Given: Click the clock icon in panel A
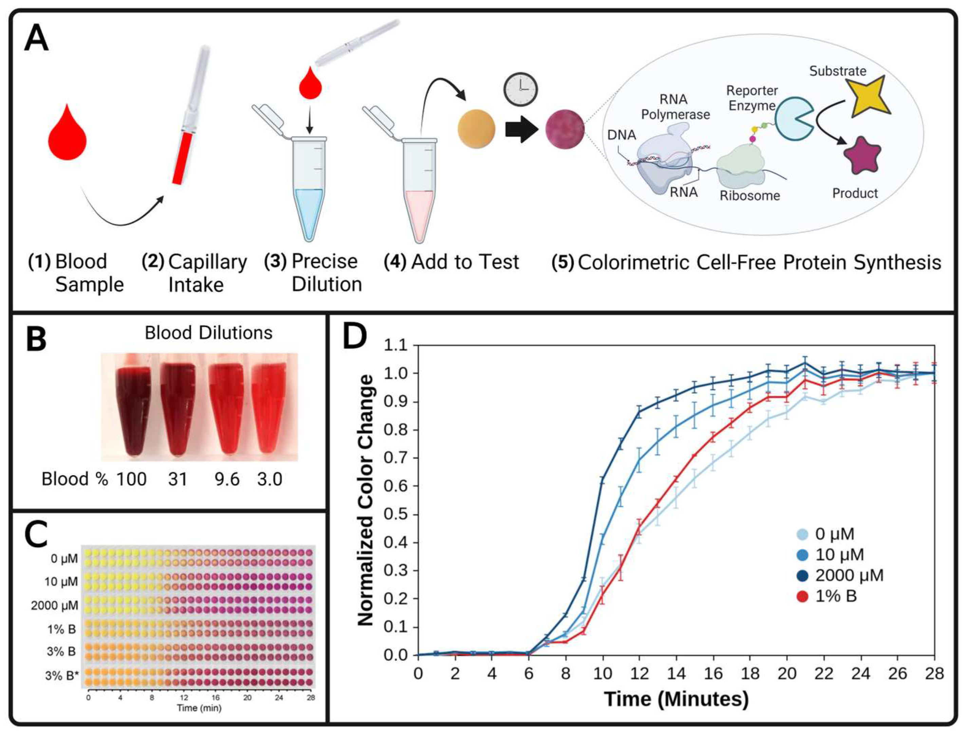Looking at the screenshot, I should pyautogui.click(x=520, y=89).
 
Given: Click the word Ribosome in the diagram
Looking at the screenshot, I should pyautogui.click(x=749, y=195).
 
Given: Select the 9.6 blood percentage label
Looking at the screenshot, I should pyautogui.click(x=227, y=479).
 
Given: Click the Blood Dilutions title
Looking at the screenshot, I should pyautogui.click(x=208, y=333).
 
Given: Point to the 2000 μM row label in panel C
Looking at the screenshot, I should pyautogui.click(x=55, y=606).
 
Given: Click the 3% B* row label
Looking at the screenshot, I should pyautogui.click(x=61, y=676).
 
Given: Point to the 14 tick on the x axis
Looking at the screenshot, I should pyautogui.click(x=676, y=674).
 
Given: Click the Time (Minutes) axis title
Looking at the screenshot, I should pyautogui.click(x=676, y=699).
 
